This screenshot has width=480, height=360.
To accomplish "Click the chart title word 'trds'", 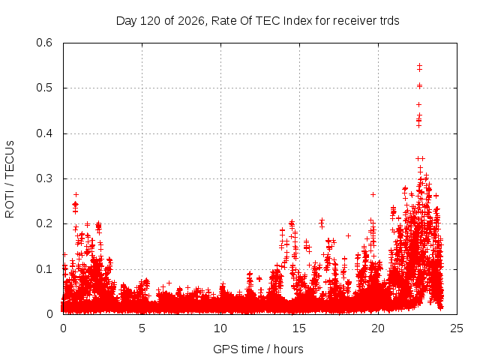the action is pos(389,21).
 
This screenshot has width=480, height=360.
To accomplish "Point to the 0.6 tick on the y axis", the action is pos(44,43).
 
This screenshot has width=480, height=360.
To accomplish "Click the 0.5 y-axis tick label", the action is pos(44,88).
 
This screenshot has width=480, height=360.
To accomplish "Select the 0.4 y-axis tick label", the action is pos(44,133).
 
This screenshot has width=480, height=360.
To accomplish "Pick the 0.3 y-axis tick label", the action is pos(44,178).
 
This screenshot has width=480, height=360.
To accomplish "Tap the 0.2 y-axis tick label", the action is pos(44,223).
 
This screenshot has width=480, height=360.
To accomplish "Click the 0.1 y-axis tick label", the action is pos(44,269).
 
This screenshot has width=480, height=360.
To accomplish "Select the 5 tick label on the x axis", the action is pos(142,328).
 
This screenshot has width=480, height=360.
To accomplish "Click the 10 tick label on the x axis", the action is pos(220,328).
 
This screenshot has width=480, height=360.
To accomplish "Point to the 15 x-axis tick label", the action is pos(299,328).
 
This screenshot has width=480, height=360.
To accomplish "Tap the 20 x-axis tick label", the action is pos(378,328).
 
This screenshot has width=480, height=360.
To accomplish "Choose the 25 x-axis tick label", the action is pos(457,328).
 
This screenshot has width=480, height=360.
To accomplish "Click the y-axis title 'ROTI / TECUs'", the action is pos(10,179).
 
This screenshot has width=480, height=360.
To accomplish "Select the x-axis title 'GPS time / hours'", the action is pos(258,349).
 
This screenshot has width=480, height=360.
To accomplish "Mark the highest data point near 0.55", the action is pos(420,65).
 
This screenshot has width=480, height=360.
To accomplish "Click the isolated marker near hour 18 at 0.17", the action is pos(348,235).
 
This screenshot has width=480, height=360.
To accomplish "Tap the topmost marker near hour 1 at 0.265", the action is pos(76,194).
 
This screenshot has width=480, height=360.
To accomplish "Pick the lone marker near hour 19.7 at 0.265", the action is pos(373,194).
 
